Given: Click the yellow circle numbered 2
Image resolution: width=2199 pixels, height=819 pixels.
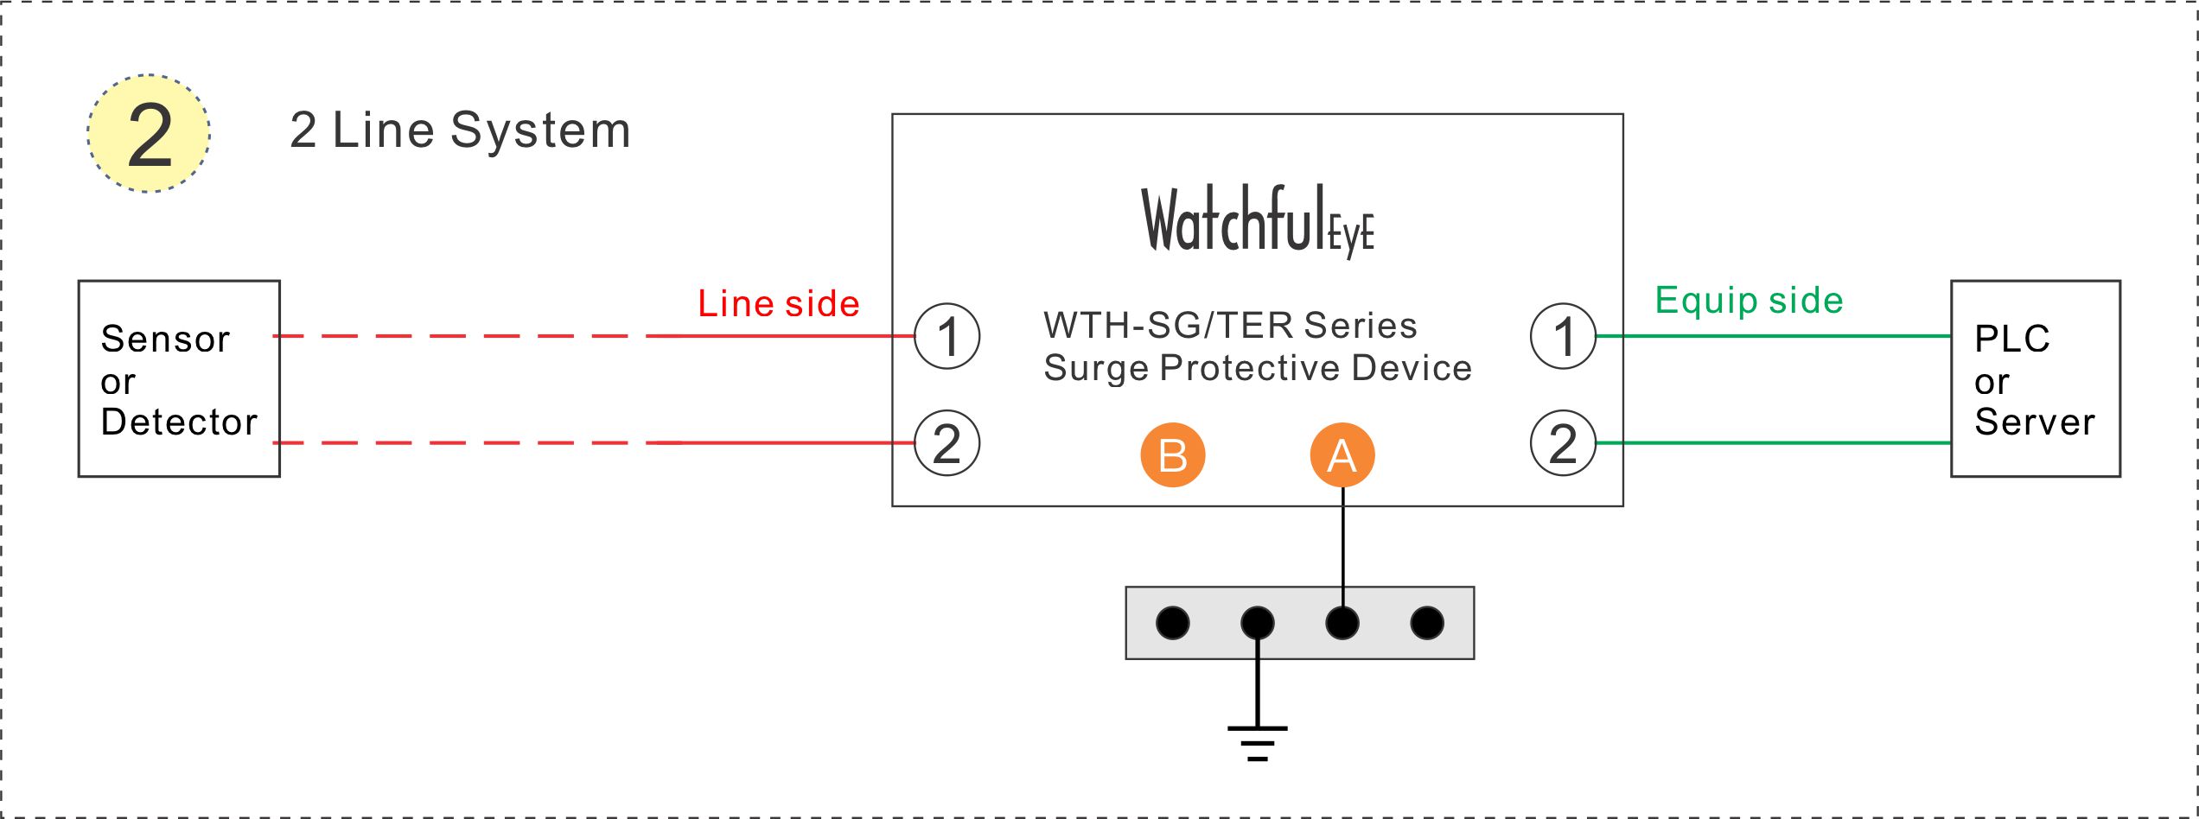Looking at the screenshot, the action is [x=149, y=133].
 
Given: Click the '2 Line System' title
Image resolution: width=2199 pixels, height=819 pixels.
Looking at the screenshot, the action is [x=460, y=130].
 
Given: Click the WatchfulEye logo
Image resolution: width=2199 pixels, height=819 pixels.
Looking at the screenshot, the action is [x=1258, y=220].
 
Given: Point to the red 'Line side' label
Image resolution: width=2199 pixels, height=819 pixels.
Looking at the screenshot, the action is [x=779, y=303].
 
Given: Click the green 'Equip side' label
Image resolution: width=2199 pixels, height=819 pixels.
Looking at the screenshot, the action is [x=1750, y=301].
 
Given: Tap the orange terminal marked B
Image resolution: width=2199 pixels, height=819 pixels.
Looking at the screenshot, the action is [x=1173, y=454].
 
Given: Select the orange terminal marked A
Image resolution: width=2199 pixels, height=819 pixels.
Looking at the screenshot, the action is [x=1342, y=454].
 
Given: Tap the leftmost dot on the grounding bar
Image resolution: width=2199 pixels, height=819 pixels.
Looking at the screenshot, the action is [x=1173, y=623].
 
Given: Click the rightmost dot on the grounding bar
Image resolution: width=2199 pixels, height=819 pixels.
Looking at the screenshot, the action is [x=1427, y=623].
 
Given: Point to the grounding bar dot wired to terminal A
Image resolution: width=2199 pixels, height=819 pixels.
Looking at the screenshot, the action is [x=1342, y=623].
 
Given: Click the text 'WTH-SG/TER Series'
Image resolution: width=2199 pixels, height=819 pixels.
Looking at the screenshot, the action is [x=1230, y=326].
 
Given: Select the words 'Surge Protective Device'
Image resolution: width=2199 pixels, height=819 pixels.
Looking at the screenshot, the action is [x=1258, y=368].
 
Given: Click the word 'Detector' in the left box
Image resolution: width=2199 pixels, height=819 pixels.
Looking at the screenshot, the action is [x=179, y=422].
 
